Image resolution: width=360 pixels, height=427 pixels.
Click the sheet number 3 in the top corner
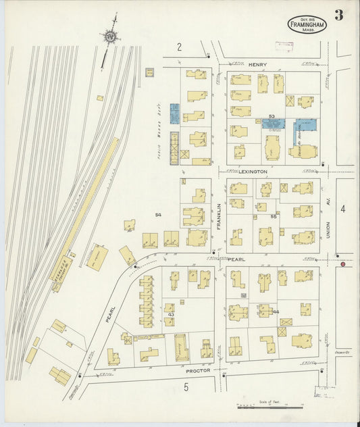coord(338,16)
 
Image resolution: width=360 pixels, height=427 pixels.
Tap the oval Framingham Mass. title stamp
coord(305,24)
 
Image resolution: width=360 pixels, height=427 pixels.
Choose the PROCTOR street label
coord(200,370)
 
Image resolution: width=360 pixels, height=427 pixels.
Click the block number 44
coord(276,311)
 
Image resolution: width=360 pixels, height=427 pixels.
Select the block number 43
coord(172,315)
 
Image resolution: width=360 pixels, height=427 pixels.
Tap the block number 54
coord(159,215)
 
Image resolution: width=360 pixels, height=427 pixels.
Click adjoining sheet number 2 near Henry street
coord(180,46)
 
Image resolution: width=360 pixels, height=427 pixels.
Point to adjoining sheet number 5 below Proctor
coord(186,386)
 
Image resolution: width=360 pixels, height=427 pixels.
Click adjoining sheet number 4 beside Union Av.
coord(342,209)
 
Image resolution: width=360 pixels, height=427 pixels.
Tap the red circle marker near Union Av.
coord(343,264)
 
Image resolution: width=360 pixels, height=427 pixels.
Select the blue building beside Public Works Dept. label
coord(174,114)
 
